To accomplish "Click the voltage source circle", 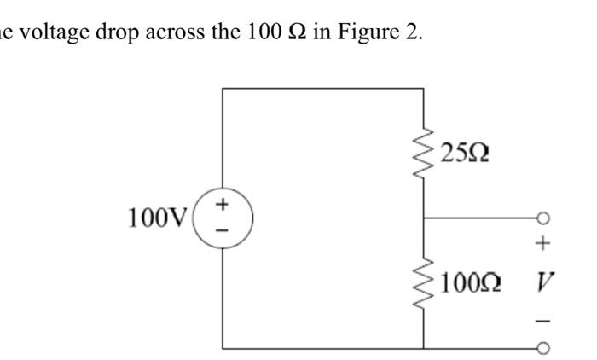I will [x=223, y=218].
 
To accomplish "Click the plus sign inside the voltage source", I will [x=223, y=205].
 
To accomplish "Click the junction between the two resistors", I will [x=424, y=218].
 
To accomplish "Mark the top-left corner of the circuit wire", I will [x=223, y=89].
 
